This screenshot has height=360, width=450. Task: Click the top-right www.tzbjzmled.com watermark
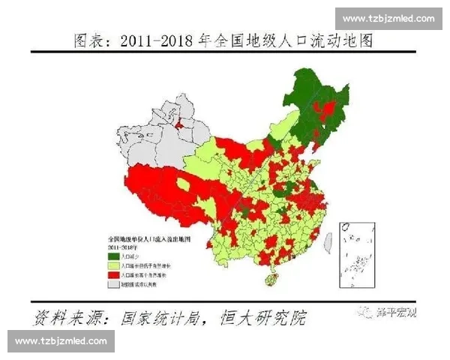coord(388,18)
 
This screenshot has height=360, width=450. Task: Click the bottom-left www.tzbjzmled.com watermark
coord(62,341)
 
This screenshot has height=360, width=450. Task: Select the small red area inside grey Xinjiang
coord(181,124)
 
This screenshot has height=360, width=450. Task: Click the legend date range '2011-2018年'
coord(124,245)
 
